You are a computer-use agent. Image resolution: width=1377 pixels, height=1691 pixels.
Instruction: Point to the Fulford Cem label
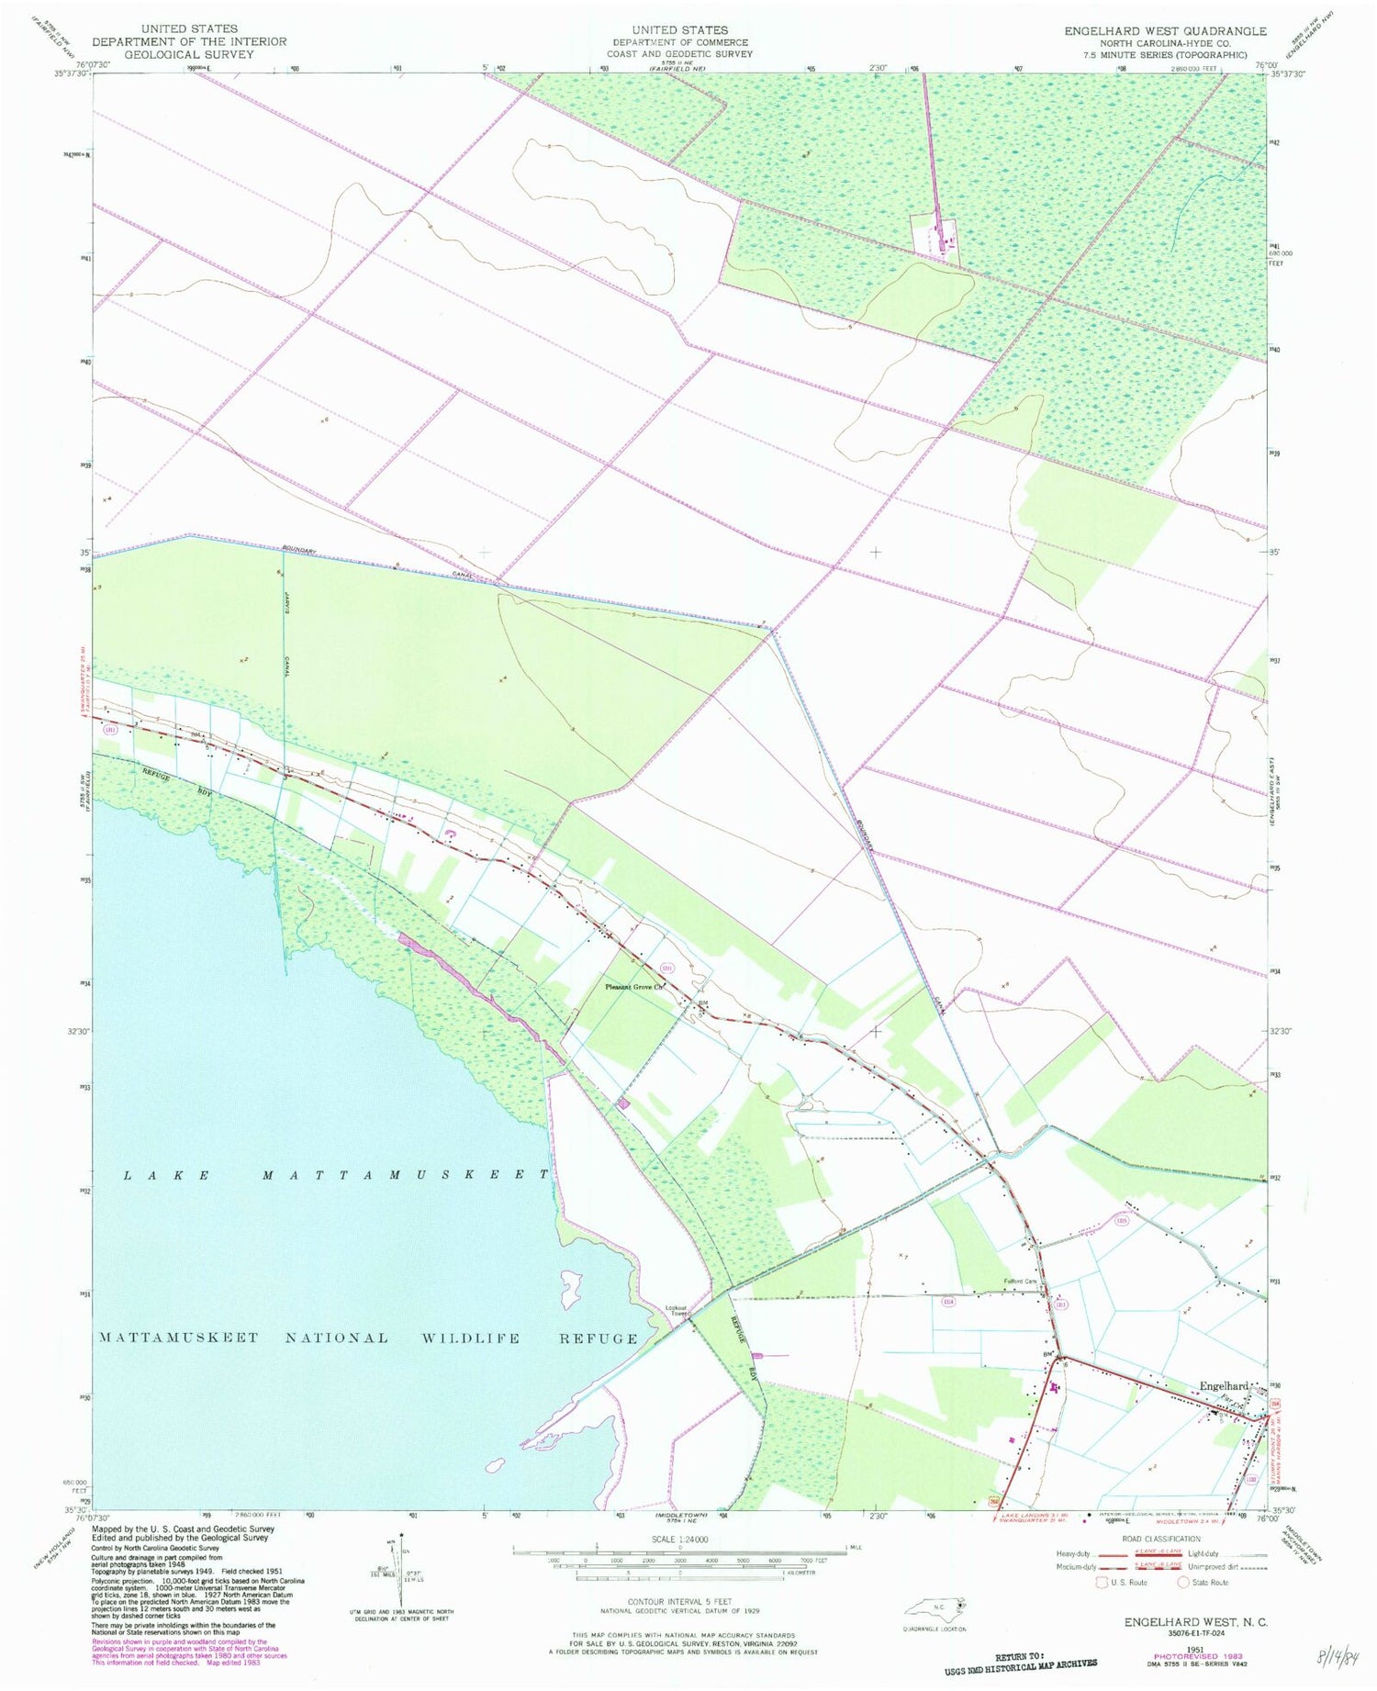coord(1019,1282)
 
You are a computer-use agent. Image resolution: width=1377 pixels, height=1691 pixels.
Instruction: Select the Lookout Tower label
coord(677,1310)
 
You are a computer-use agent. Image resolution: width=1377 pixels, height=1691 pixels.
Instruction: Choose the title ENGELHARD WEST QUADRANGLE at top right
coord(1165,31)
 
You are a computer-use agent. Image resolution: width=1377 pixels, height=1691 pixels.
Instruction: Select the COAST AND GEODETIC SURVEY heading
coord(679,54)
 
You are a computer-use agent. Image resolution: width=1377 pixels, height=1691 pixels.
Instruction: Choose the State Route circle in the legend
coord(1184,1583)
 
